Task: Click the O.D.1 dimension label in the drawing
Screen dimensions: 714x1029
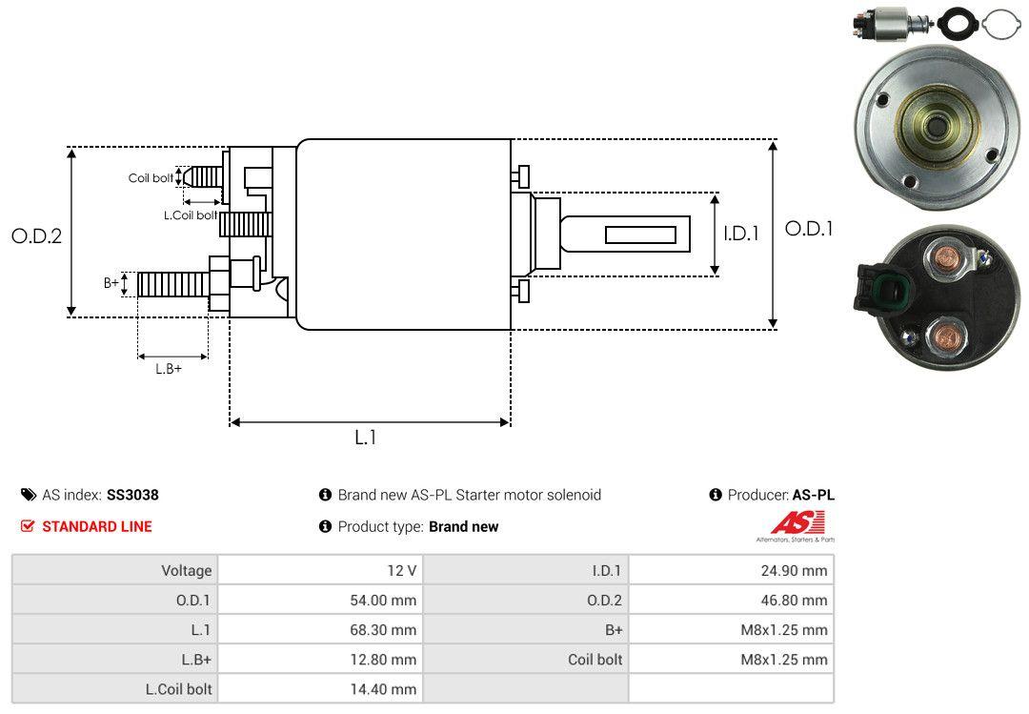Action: (809, 229)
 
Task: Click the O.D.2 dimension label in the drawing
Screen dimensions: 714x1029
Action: (36, 235)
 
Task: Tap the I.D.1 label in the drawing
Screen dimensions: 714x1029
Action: (740, 233)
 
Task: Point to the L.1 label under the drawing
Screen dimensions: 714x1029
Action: (366, 438)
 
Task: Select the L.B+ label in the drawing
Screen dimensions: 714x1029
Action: (169, 369)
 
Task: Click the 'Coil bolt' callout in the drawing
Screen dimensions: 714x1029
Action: (151, 178)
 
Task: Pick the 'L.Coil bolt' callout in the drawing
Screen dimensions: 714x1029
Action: (191, 215)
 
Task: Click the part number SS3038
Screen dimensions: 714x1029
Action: (132, 495)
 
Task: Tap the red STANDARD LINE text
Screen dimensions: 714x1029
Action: (96, 526)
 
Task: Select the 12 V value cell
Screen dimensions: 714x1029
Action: (320, 570)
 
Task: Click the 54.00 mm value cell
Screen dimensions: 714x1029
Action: (320, 601)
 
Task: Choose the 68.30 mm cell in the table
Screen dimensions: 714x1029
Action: (320, 630)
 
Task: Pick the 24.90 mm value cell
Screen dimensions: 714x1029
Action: (731, 570)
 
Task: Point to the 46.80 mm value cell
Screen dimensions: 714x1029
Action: (731, 601)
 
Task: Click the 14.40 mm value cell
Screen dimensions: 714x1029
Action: (320, 688)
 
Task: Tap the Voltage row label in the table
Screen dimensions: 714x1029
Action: (186, 570)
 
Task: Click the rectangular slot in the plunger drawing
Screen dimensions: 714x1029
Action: (640, 235)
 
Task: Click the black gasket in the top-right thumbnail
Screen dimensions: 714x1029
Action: (955, 21)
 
